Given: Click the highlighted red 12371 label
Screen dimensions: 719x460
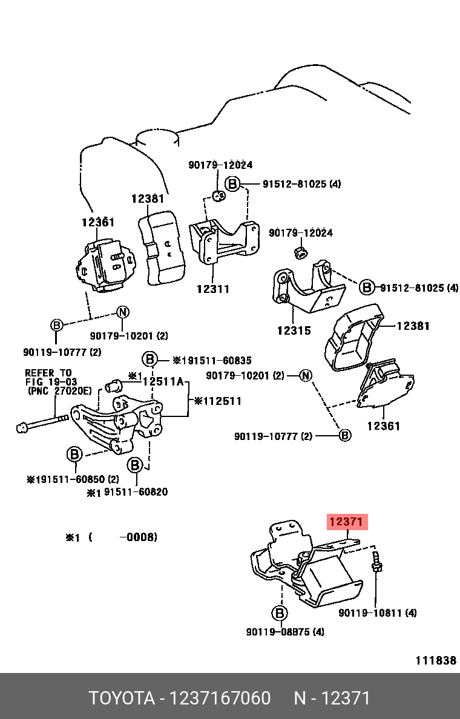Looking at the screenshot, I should (347, 522).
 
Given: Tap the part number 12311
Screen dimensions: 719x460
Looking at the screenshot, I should (212, 289).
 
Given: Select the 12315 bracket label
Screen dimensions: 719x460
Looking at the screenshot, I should (294, 330).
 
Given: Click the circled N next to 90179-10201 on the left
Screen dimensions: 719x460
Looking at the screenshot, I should (123, 312).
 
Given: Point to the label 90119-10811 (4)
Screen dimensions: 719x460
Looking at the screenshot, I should (377, 613).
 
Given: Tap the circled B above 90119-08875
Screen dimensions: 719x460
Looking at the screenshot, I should (280, 614).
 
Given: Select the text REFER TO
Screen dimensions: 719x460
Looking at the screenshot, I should (48, 373).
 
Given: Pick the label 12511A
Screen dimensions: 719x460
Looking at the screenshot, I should (162, 381).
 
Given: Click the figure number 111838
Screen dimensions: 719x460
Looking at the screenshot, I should (435, 660).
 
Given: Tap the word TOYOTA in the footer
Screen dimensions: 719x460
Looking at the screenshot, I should (123, 698).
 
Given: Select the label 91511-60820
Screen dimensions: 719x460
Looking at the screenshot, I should (136, 492).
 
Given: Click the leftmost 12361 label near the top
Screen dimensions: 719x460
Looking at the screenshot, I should (98, 223).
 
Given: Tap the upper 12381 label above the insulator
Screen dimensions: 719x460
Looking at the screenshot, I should (148, 199).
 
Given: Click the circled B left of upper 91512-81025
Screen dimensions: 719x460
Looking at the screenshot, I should (232, 184).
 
